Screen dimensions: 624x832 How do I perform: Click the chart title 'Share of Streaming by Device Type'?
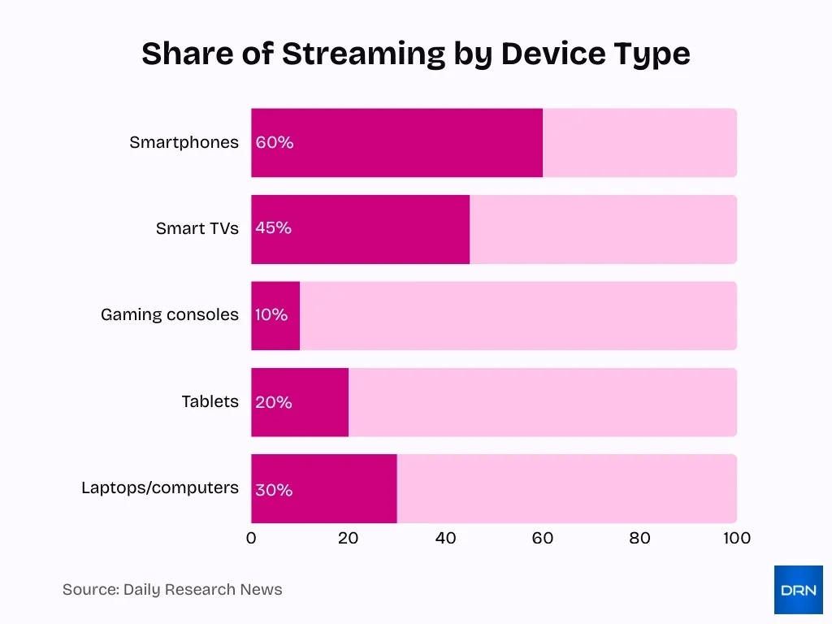click(x=415, y=54)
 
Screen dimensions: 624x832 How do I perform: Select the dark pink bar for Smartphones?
click(x=396, y=143)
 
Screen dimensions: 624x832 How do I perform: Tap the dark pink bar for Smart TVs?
click(x=360, y=229)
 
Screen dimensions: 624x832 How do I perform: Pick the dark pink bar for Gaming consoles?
click(x=275, y=316)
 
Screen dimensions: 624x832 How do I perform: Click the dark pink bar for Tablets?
click(x=300, y=402)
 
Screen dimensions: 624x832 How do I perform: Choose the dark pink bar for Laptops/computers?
click(x=323, y=489)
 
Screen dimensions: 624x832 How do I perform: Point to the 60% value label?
click(x=274, y=143)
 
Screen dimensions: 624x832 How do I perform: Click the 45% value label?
click(x=273, y=228)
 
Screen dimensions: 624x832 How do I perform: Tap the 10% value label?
click(x=271, y=315)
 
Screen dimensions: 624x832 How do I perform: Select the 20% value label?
click(x=273, y=402)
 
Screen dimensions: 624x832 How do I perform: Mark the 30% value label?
click(x=274, y=490)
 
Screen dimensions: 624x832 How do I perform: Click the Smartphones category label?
click(x=184, y=143)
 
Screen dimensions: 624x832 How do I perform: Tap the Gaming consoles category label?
click(x=170, y=315)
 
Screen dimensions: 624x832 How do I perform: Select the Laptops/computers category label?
click(x=160, y=488)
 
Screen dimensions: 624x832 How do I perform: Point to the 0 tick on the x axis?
click(x=251, y=538)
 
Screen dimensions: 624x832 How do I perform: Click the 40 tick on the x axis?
click(x=445, y=538)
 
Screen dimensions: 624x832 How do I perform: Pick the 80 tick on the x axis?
click(x=639, y=538)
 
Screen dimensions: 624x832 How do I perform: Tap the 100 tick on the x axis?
click(x=736, y=538)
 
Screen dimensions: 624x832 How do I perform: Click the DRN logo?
click(x=798, y=590)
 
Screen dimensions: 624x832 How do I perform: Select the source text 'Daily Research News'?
click(x=202, y=590)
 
